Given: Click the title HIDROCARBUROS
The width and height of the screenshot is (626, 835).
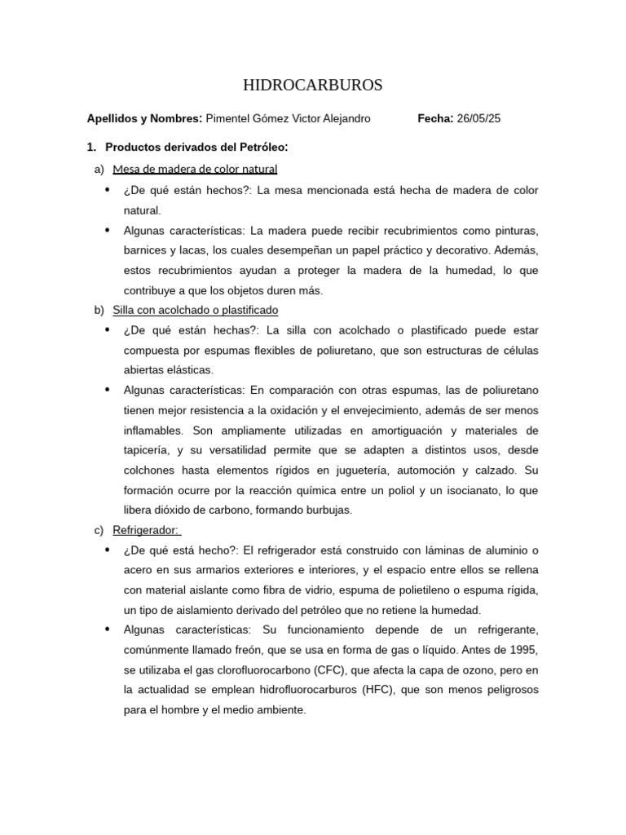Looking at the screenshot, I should (x=313, y=86).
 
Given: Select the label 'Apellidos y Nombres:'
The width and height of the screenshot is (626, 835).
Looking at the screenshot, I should (x=144, y=118).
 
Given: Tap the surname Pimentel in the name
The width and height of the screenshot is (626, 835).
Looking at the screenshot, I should (x=231, y=118).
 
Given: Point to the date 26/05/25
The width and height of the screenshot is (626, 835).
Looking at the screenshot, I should (x=479, y=118).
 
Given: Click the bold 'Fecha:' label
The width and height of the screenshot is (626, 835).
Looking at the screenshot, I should (x=435, y=118).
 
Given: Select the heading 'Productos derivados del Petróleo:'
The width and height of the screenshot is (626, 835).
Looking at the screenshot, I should (x=197, y=147).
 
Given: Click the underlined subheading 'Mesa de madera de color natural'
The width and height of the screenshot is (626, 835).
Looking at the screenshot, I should (x=195, y=169).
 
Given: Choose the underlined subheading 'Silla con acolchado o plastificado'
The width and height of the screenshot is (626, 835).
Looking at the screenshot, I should (x=195, y=310).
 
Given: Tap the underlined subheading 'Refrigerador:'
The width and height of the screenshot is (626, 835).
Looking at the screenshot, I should (x=147, y=530).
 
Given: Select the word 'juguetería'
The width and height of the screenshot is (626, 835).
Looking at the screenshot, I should (x=390, y=471).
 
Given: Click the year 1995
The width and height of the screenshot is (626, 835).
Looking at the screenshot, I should (x=523, y=650).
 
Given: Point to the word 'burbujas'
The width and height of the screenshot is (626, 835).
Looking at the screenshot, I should (x=329, y=510).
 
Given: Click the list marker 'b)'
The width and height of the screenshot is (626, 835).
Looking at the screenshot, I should (x=99, y=310).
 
